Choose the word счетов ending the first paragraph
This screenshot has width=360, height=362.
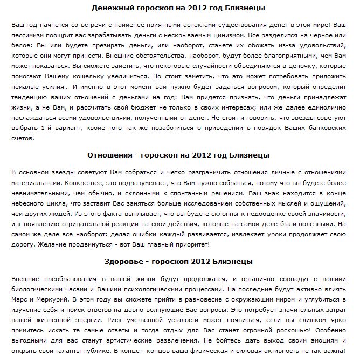pos(23,138)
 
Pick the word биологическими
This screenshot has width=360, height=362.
pos(38,289)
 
